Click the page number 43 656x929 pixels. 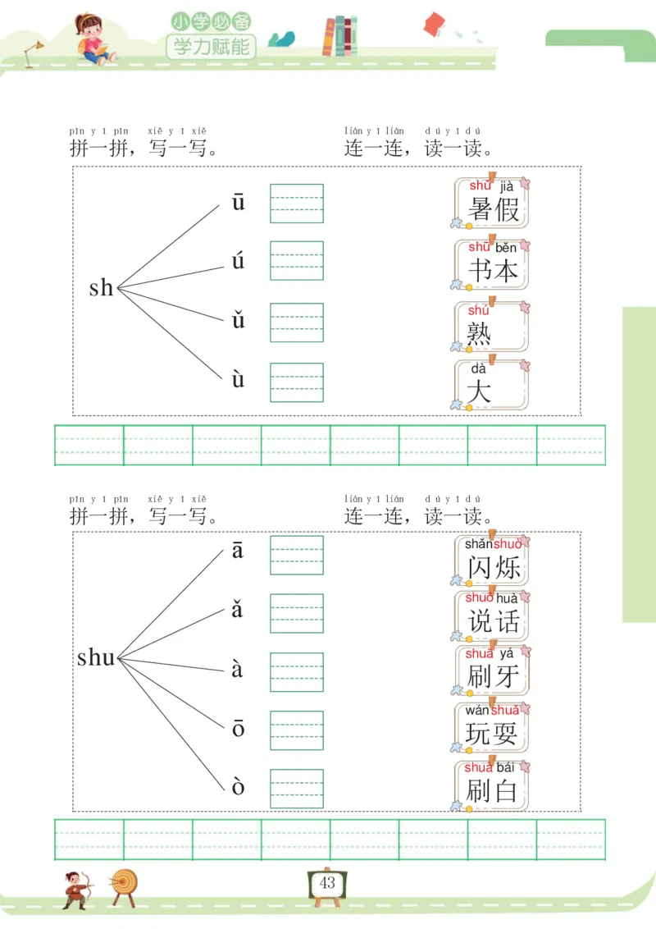pyautogui.click(x=327, y=883)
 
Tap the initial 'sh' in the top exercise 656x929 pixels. pyautogui.click(x=101, y=288)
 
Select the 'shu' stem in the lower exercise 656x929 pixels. pyautogui.click(x=96, y=657)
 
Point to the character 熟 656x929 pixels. pyautogui.click(x=480, y=333)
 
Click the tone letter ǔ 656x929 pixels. pyautogui.click(x=238, y=320)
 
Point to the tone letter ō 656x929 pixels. pyautogui.click(x=238, y=728)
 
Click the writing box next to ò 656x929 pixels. pyautogui.click(x=297, y=788)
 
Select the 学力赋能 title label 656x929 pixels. pyautogui.click(x=212, y=46)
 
